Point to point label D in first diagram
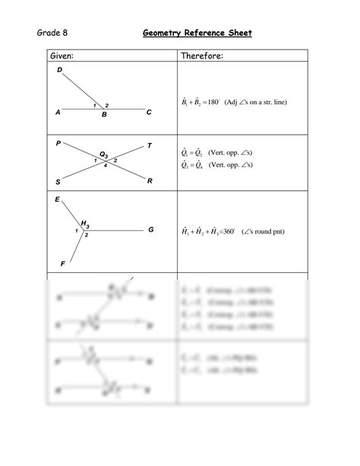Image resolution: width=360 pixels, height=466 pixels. point(60,71)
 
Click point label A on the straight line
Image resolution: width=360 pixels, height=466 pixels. point(58,113)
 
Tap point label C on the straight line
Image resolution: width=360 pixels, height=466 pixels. point(149,113)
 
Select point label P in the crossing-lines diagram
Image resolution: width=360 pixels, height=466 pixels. point(58,143)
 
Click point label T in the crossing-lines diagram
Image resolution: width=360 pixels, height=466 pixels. point(149,145)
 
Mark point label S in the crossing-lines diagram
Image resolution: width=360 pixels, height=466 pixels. point(58,182)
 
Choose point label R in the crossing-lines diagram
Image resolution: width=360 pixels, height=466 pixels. point(150,181)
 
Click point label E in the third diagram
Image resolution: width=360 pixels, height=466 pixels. point(57,199)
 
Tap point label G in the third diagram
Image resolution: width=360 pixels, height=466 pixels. point(150,229)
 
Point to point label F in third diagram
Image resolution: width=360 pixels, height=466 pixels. point(62,264)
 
